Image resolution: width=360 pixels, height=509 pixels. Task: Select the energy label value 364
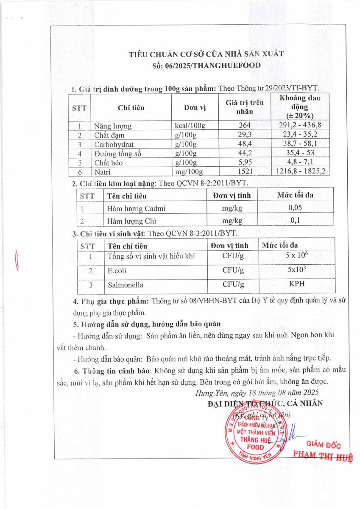pos(245,126)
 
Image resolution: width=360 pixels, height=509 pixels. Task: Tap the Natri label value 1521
pos(245,172)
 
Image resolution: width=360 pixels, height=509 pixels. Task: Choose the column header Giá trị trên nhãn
pos(244,107)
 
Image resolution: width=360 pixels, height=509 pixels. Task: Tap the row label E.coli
pos(117,270)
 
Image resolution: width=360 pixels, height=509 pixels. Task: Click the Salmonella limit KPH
pos(296,284)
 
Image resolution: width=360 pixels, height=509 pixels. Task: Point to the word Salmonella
pos(125,285)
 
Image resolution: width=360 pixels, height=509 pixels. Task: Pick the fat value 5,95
pos(245,162)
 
